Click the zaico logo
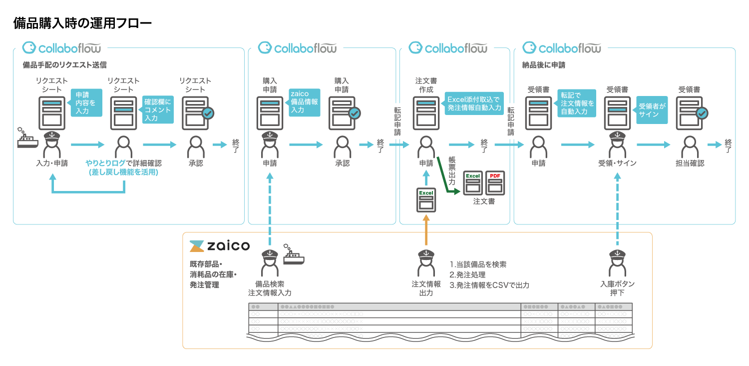218,246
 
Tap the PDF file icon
495,183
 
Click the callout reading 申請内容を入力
86,102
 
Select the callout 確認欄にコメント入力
158,109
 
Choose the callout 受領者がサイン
652,110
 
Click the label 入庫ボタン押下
618,288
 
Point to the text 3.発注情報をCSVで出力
489,285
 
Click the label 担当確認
690,163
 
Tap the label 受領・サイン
618,163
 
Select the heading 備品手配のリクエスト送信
65,65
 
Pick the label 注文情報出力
426,288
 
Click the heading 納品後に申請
543,65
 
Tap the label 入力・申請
52,163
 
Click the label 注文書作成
426,85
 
